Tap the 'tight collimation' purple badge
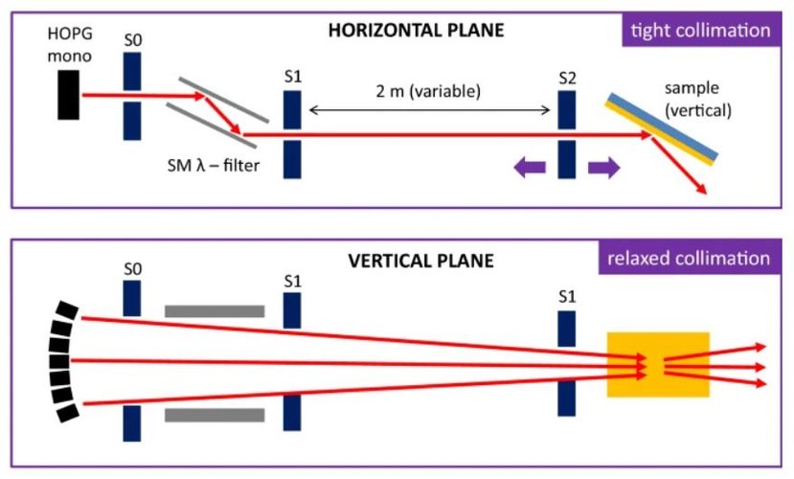[x=698, y=30]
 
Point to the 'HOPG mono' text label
[x=69, y=45]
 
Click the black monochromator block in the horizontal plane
[x=68, y=95]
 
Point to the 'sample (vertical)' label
[x=697, y=99]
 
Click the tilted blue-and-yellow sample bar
[x=662, y=128]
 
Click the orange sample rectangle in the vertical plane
[x=658, y=365]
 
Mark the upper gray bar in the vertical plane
[x=215, y=311]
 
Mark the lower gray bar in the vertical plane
[x=215, y=415]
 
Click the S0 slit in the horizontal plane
[x=132, y=94]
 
